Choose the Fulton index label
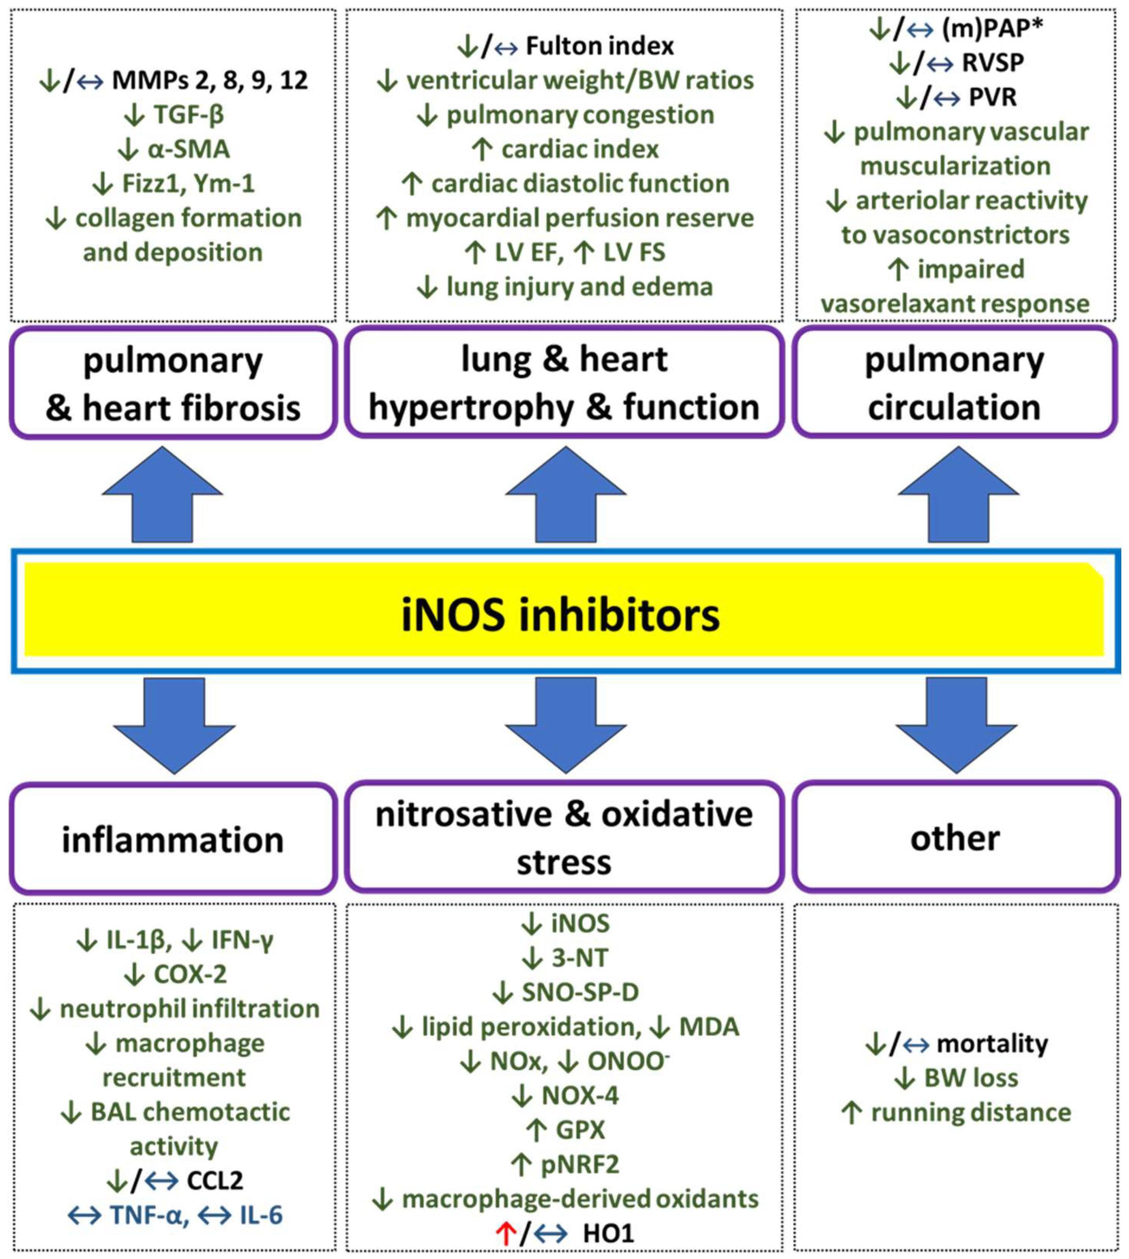click(599, 46)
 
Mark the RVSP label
click(993, 63)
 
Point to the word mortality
click(992, 1044)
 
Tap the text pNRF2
click(580, 1165)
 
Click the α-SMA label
click(188, 149)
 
